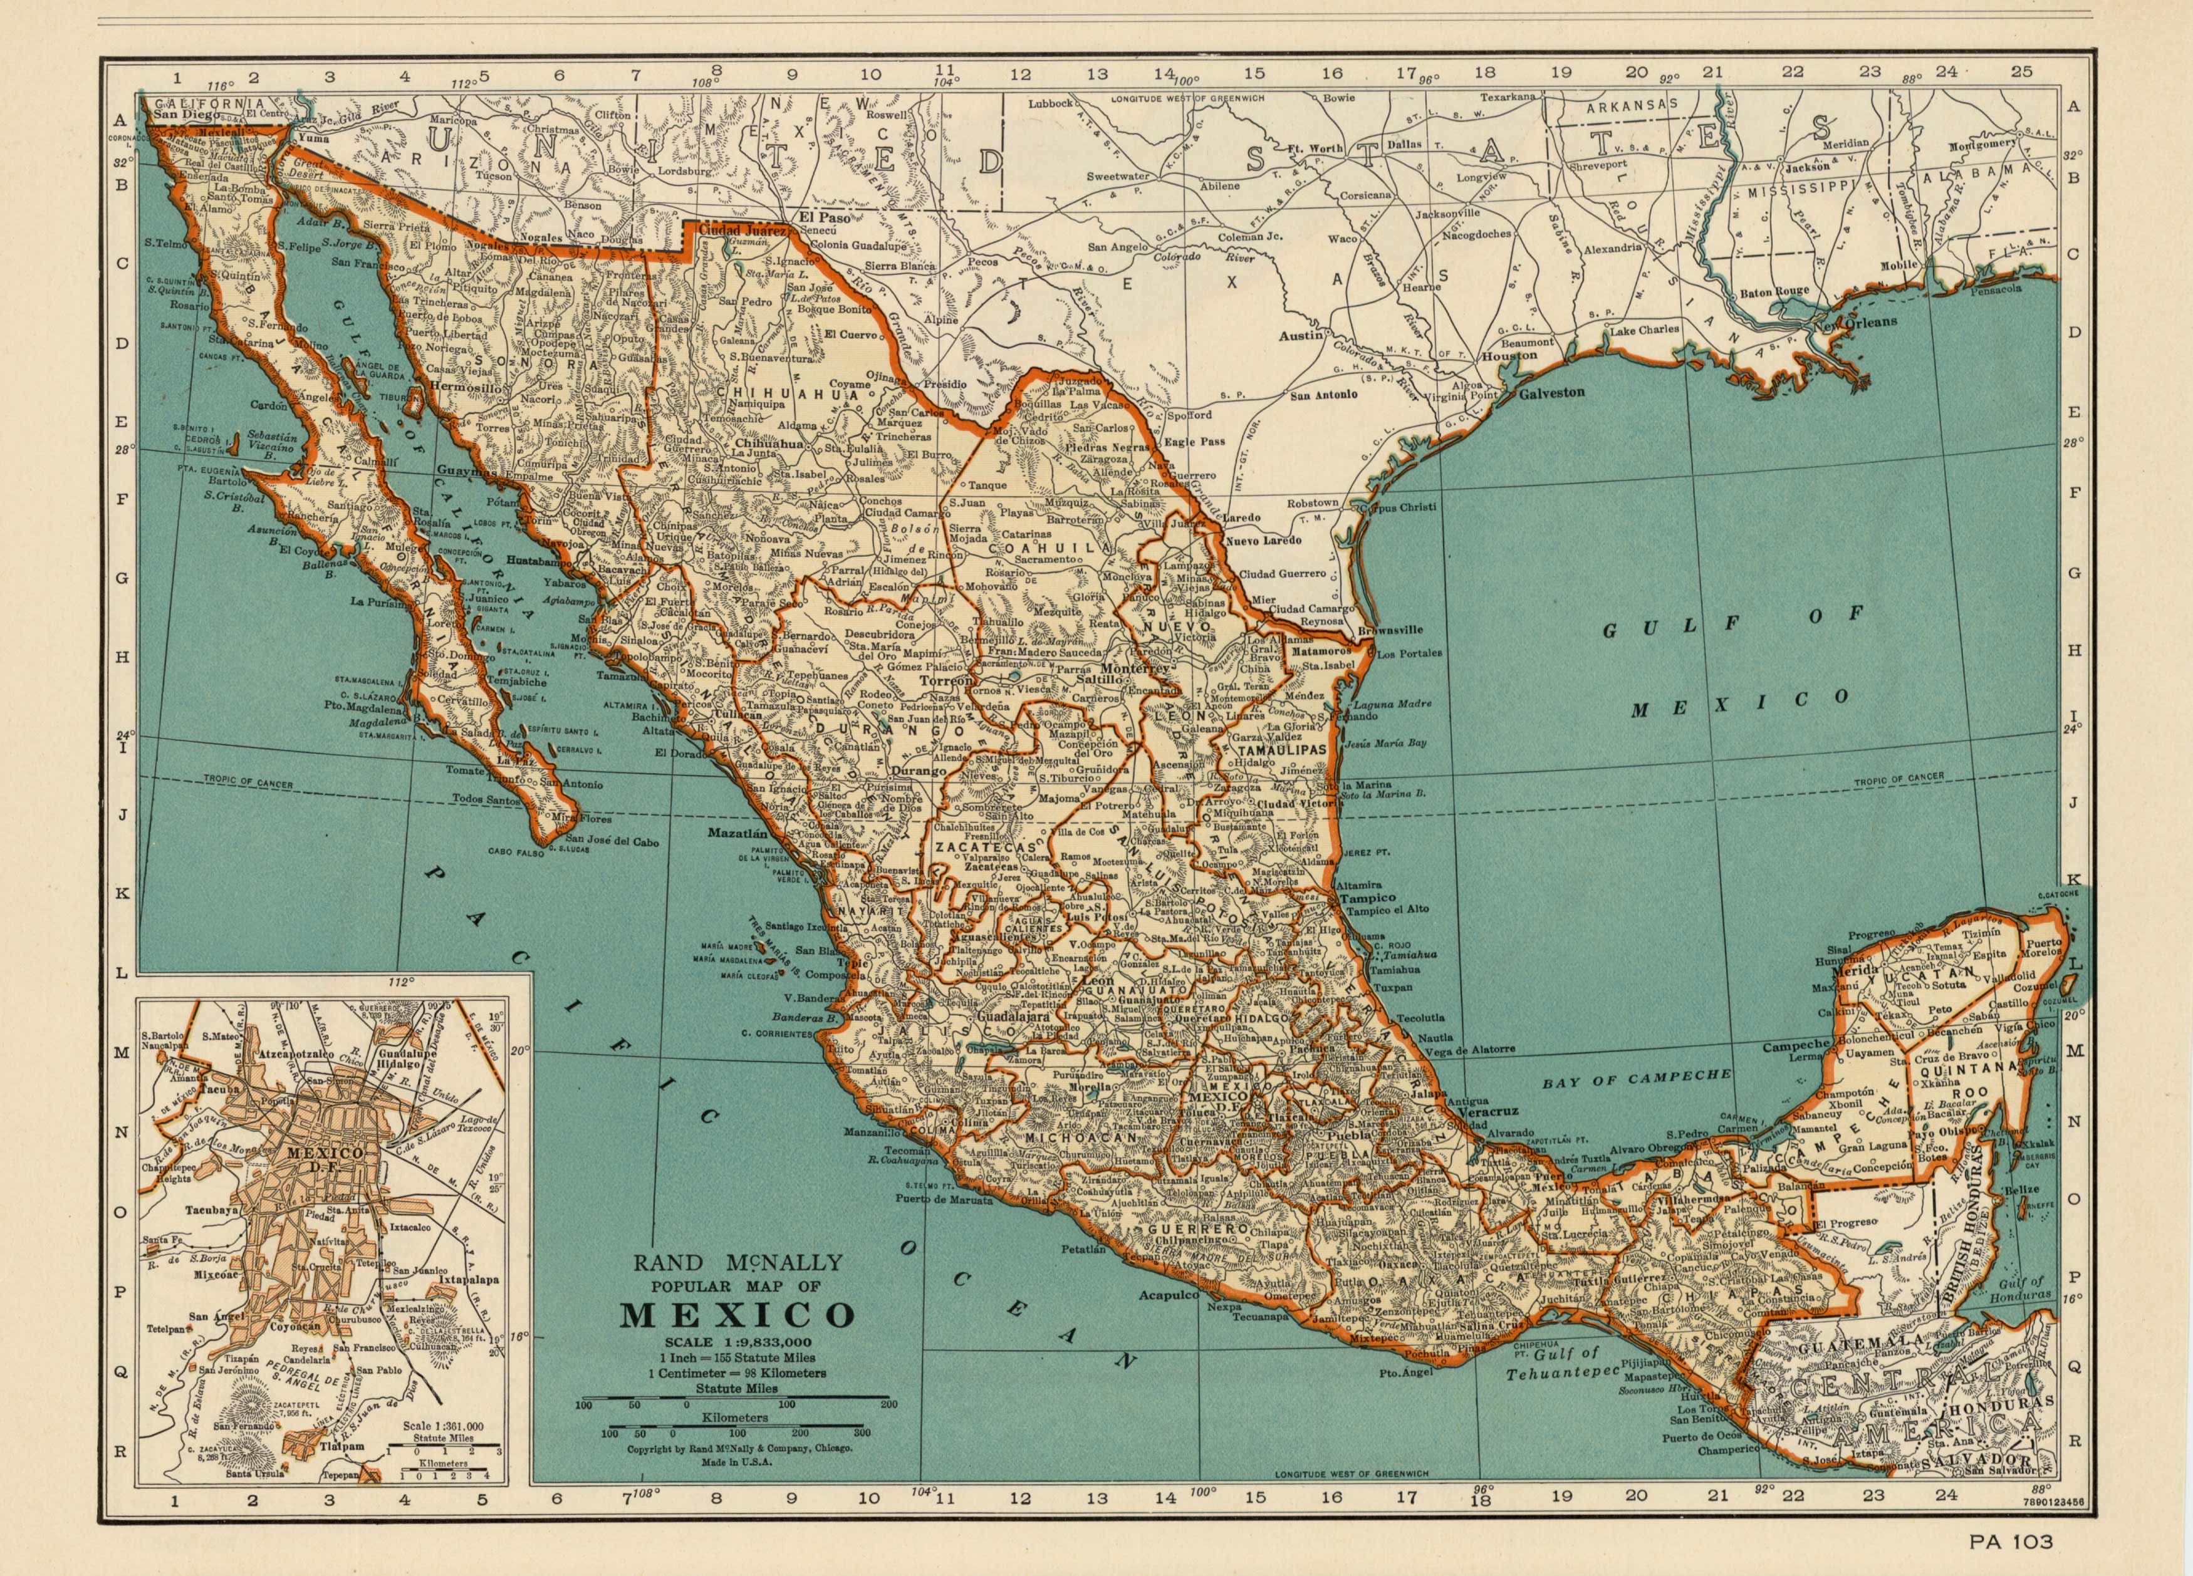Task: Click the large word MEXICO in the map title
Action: pos(737,1316)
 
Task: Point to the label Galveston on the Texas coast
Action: pos(1552,393)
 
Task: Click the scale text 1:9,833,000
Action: pos(737,1342)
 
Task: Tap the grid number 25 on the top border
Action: pos(2021,71)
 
